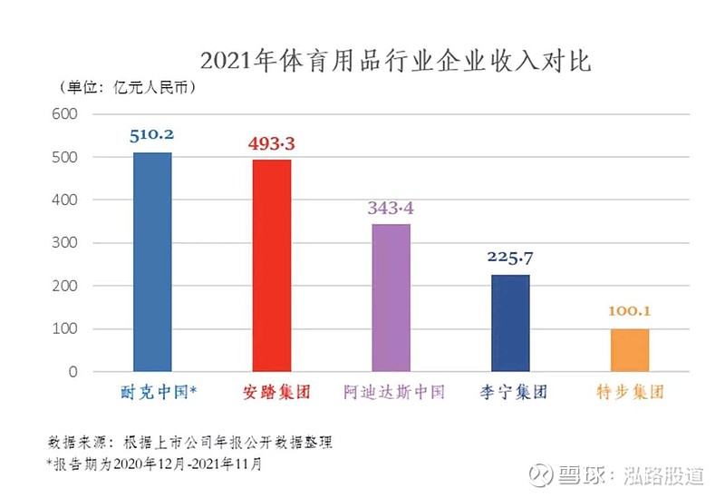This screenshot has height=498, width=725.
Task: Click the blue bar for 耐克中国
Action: tap(151, 262)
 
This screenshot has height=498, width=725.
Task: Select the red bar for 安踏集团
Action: tap(271, 266)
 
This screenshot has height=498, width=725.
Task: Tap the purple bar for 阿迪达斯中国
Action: tap(391, 298)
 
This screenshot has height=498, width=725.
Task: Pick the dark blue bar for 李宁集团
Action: tap(510, 323)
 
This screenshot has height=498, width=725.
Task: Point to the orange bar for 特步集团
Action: tap(630, 350)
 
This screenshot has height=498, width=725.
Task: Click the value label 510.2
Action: tap(151, 135)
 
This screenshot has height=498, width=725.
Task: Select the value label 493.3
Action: tap(271, 143)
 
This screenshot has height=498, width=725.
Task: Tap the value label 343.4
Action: tap(391, 208)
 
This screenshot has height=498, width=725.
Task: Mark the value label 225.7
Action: tap(510, 259)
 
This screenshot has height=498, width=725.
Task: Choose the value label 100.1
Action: tap(630, 312)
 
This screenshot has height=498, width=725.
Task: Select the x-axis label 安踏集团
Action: tap(271, 393)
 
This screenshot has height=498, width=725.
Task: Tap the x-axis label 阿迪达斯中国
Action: tap(391, 393)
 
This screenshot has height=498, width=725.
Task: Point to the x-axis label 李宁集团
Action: tap(510, 393)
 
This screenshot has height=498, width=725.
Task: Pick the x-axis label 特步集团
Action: tap(630, 393)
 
